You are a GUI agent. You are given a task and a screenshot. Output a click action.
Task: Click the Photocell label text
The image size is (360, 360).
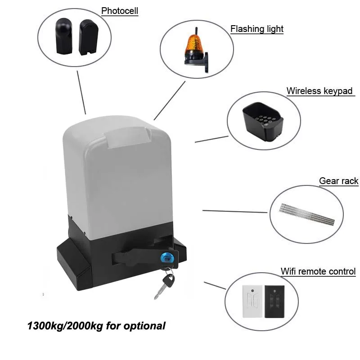119,11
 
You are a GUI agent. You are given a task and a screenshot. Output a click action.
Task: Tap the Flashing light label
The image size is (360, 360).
256,29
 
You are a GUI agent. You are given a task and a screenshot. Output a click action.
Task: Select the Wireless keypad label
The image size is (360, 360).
319,91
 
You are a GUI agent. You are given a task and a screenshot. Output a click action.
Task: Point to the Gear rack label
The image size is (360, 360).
338,181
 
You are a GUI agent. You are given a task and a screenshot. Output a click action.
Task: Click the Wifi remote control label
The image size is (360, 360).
318,271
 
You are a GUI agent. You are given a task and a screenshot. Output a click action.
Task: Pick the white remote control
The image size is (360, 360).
252,301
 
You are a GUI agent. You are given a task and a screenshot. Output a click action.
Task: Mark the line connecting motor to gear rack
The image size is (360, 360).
234,211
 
